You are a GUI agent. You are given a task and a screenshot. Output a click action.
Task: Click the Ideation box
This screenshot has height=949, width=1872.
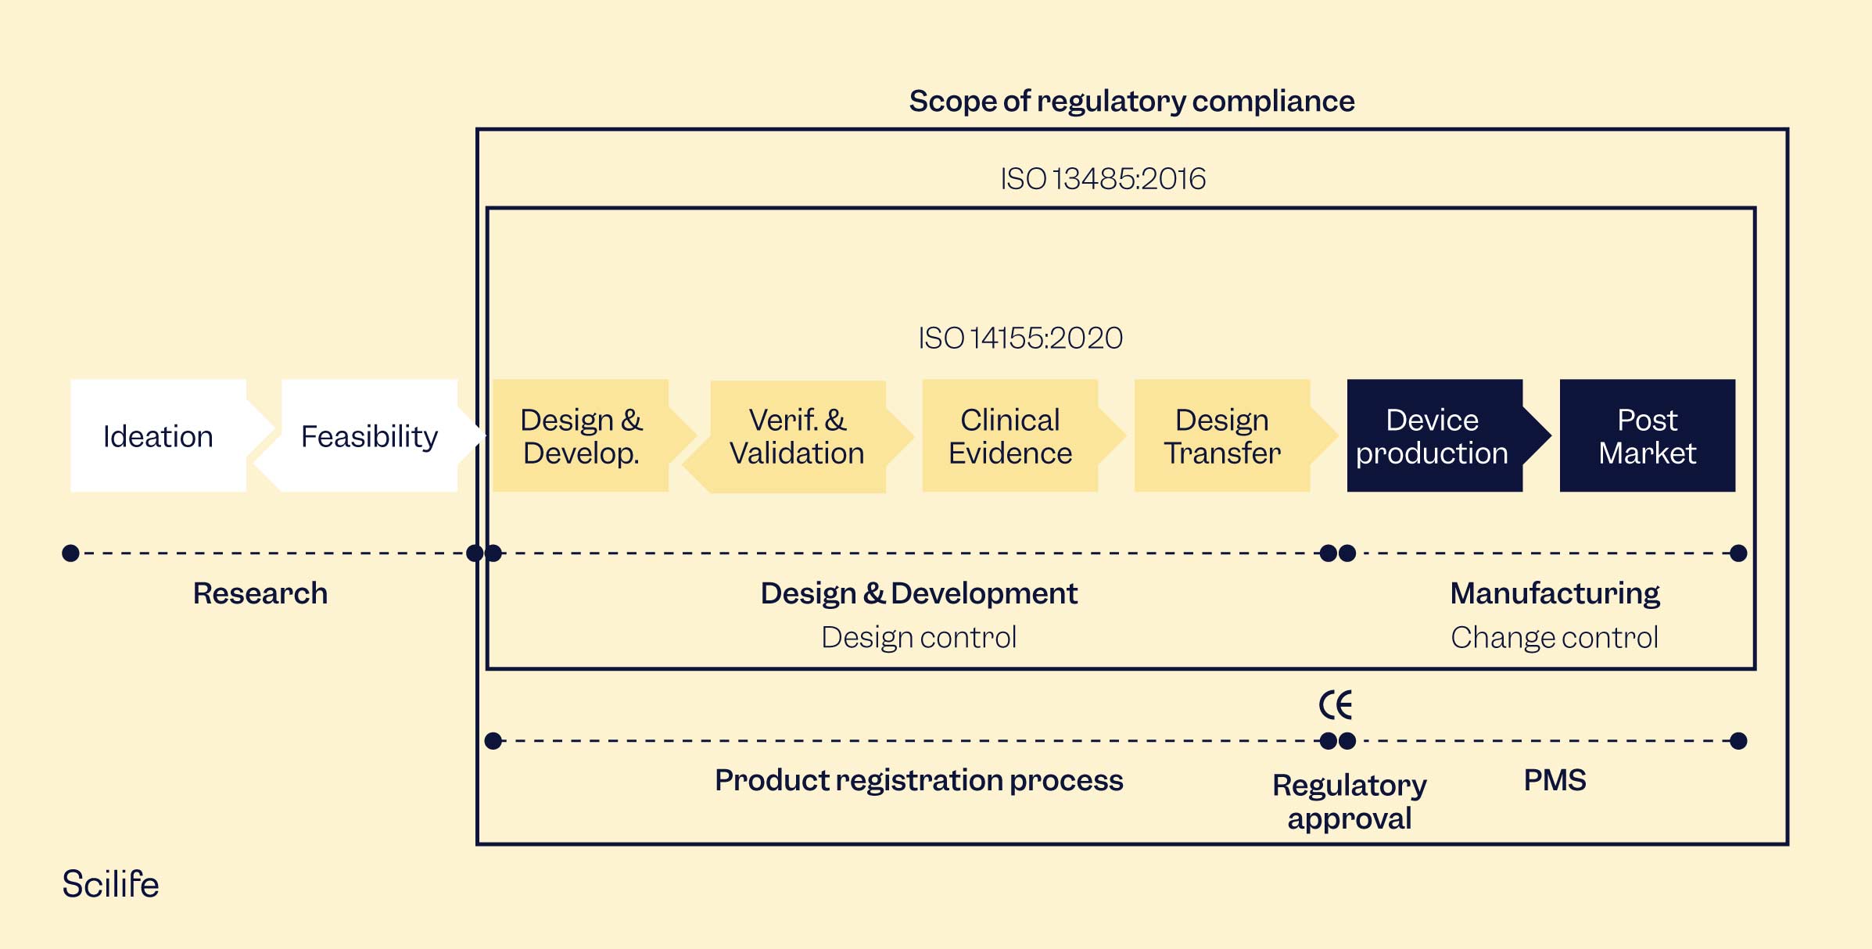[x=158, y=436]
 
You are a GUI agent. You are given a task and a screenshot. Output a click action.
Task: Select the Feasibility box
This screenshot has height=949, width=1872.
[x=369, y=436]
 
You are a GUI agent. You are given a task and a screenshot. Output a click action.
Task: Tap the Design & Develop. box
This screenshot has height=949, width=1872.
[x=581, y=436]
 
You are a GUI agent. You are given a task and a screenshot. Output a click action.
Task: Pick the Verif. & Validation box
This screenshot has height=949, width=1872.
[x=797, y=436]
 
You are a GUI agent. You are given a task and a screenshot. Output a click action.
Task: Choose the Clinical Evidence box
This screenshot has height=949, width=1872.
[x=1010, y=436]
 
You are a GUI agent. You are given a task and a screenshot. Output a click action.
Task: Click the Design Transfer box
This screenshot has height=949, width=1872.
[x=1221, y=436]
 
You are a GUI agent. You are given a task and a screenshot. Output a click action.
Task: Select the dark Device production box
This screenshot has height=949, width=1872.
[x=1433, y=436]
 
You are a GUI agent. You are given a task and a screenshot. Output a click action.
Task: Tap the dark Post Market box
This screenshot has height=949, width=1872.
[x=1647, y=436]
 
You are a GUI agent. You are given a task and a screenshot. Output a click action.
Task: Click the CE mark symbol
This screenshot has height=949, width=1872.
[x=1336, y=705]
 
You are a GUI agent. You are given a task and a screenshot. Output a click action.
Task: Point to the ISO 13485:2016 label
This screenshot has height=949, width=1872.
[x=1103, y=179]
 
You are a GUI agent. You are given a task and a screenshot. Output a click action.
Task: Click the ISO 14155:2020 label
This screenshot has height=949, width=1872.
[x=1020, y=338]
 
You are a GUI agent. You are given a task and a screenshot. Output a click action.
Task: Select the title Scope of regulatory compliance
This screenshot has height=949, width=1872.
[x=1131, y=102]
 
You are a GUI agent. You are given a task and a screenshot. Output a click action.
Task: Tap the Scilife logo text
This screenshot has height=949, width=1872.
[x=110, y=884]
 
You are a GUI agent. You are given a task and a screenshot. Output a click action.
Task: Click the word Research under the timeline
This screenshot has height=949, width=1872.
[x=260, y=593]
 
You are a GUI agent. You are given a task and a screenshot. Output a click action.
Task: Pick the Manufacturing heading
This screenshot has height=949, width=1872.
[x=1555, y=593]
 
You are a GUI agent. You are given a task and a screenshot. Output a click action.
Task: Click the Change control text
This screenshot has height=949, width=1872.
[x=1555, y=638]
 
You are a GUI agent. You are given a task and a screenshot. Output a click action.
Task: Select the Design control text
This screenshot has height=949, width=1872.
[x=919, y=638]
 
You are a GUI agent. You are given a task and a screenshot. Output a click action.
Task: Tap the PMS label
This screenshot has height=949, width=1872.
[x=1555, y=780]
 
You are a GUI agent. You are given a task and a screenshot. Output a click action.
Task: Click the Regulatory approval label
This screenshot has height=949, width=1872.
[x=1350, y=801]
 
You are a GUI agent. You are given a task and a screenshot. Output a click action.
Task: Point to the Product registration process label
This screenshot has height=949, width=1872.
[x=919, y=780]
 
